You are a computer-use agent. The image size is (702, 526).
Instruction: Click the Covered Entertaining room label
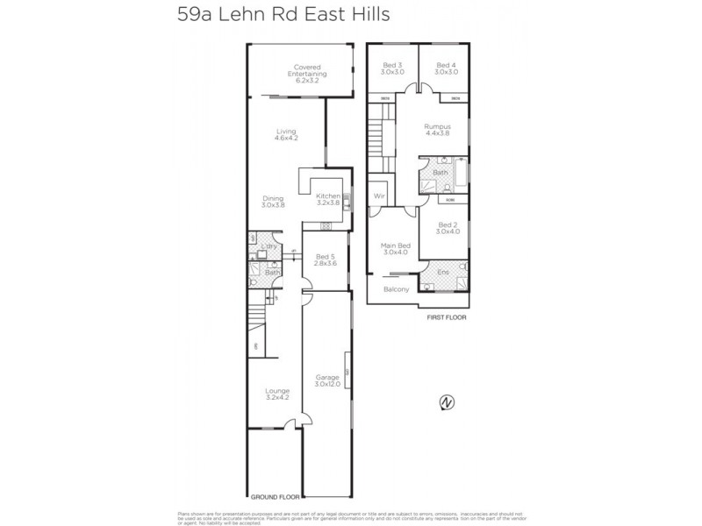[307, 71]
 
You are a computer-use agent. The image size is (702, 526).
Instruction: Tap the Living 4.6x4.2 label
[286, 135]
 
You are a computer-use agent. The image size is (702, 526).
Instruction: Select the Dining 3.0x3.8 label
[273, 202]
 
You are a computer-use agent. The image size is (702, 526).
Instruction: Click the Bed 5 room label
[326, 259]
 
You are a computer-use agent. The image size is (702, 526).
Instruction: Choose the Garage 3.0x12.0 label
[327, 380]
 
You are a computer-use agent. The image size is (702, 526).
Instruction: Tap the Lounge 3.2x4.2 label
[277, 394]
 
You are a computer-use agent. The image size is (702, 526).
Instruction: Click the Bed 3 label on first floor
[392, 68]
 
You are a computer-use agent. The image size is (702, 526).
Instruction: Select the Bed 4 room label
[446, 68]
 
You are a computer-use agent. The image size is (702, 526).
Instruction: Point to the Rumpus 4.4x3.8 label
[437, 130]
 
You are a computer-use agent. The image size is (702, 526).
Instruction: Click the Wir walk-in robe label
[380, 195]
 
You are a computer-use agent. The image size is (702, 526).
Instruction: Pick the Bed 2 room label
[448, 228]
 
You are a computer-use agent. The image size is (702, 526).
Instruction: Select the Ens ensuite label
[443, 273]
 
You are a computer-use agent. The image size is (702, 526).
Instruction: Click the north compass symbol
[448, 402]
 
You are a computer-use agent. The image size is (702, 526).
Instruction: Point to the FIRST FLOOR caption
[446, 318]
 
